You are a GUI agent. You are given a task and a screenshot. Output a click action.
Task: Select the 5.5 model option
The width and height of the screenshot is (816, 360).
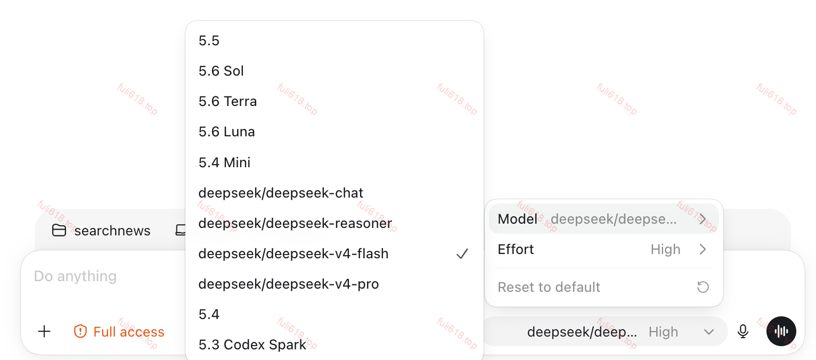(x=209, y=40)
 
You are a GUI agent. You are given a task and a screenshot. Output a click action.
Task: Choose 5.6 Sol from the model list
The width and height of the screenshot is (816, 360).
(x=221, y=71)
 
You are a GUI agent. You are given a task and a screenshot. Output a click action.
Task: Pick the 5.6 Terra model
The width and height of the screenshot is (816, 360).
(x=227, y=101)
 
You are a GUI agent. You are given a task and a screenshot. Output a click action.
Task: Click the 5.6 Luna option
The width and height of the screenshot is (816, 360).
(x=226, y=132)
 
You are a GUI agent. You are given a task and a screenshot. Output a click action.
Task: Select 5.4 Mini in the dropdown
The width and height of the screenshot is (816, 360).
(x=224, y=162)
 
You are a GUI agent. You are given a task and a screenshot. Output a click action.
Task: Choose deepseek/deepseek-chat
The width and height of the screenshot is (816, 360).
(x=281, y=193)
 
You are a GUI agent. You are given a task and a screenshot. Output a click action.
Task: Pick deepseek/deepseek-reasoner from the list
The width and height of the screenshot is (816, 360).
(x=296, y=223)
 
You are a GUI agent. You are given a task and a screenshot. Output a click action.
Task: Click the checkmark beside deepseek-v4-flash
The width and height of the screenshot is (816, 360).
(x=462, y=253)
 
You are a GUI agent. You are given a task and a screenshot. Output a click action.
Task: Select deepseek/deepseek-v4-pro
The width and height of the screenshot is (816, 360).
(x=289, y=284)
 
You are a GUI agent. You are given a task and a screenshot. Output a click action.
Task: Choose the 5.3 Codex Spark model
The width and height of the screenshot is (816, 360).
(x=252, y=345)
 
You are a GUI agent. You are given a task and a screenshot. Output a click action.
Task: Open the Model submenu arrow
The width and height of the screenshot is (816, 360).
(x=703, y=219)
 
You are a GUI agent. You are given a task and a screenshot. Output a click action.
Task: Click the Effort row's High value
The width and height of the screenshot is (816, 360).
(x=666, y=250)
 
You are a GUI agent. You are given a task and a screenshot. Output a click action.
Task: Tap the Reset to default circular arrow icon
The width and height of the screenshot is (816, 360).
(x=703, y=287)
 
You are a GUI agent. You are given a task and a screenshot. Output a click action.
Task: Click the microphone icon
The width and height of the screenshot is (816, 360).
(x=743, y=332)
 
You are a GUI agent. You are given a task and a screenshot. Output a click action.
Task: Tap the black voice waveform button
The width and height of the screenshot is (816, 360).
(x=781, y=331)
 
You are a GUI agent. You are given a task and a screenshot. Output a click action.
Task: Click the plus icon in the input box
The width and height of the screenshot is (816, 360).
(x=44, y=332)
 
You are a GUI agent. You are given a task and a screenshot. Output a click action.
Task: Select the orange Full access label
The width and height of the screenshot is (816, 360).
(x=129, y=332)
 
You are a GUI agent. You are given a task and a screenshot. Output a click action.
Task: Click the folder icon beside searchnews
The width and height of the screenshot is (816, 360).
(x=59, y=231)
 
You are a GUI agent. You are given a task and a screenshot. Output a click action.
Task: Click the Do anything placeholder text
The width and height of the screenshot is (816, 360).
(x=76, y=276)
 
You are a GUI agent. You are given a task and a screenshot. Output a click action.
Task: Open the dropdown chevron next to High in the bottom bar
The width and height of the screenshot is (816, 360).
(x=709, y=332)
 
